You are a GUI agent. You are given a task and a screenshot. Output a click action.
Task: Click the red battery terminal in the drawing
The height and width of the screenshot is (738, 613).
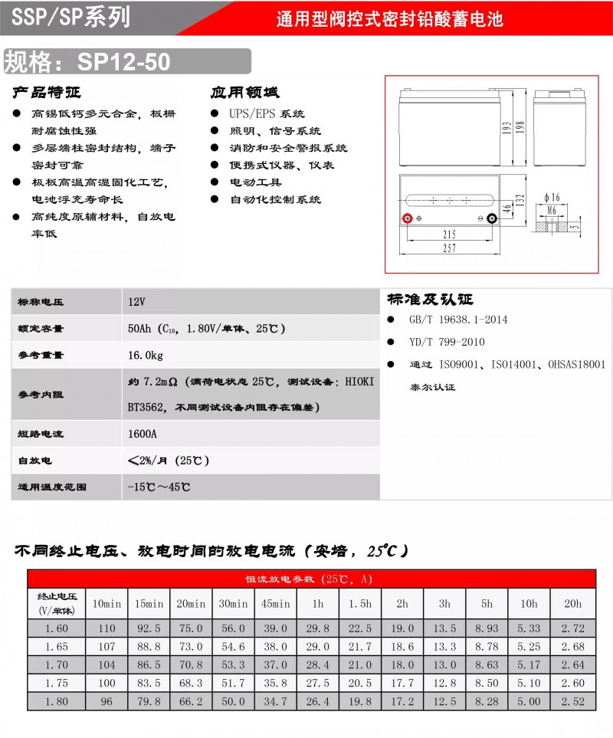click(408, 218)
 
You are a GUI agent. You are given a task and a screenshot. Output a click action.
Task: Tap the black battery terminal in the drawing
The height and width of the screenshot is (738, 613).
click(492, 218)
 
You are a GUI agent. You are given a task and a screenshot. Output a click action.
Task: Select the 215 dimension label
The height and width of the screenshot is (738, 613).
click(449, 233)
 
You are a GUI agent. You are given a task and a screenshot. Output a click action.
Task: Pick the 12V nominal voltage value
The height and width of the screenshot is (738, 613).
click(137, 302)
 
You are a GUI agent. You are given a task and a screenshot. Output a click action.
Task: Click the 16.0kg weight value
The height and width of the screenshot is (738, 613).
click(146, 355)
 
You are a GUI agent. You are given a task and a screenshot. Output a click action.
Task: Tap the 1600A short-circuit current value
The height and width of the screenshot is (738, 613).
click(143, 434)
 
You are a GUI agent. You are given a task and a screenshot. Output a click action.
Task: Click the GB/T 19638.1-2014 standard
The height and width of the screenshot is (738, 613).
click(457, 320)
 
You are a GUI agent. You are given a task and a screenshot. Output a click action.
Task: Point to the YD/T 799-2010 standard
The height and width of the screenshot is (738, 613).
click(446, 342)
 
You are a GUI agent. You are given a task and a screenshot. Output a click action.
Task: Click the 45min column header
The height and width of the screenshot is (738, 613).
click(275, 604)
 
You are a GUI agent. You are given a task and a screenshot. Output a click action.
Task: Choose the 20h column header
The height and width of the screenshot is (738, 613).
click(572, 604)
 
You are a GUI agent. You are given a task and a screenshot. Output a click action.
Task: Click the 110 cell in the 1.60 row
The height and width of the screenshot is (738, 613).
click(107, 628)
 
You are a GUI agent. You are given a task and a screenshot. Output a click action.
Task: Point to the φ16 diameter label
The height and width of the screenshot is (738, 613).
click(551, 197)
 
